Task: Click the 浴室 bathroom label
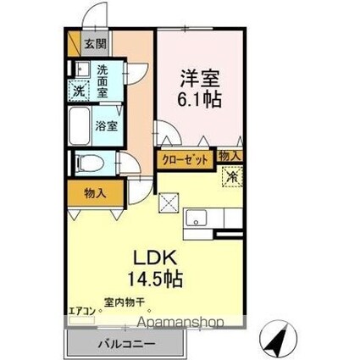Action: [107, 125]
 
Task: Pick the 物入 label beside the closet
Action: [229, 156]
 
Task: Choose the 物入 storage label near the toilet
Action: [95, 193]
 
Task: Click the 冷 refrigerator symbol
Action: [230, 178]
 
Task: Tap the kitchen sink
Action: [197, 217]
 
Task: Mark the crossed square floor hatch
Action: [169, 203]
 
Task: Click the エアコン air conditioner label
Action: [82, 311]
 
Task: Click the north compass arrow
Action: [278, 340]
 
